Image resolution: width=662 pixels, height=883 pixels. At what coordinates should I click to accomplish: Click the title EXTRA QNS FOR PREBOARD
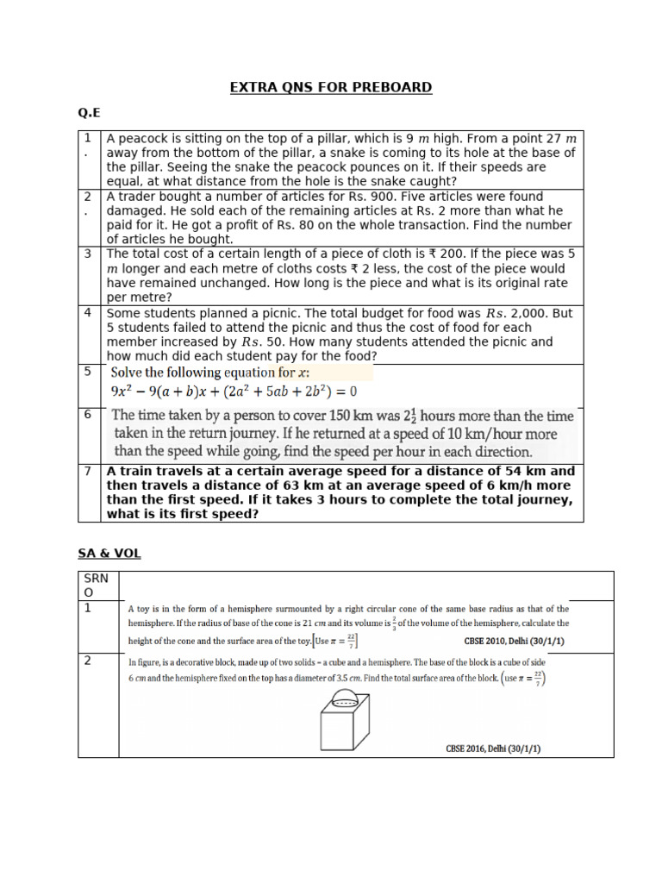330,87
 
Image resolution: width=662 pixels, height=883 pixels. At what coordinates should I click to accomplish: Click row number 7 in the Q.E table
88,472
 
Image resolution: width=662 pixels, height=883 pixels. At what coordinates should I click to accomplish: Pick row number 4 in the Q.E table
88,313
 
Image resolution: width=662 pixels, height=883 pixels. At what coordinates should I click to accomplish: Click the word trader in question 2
138,197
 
